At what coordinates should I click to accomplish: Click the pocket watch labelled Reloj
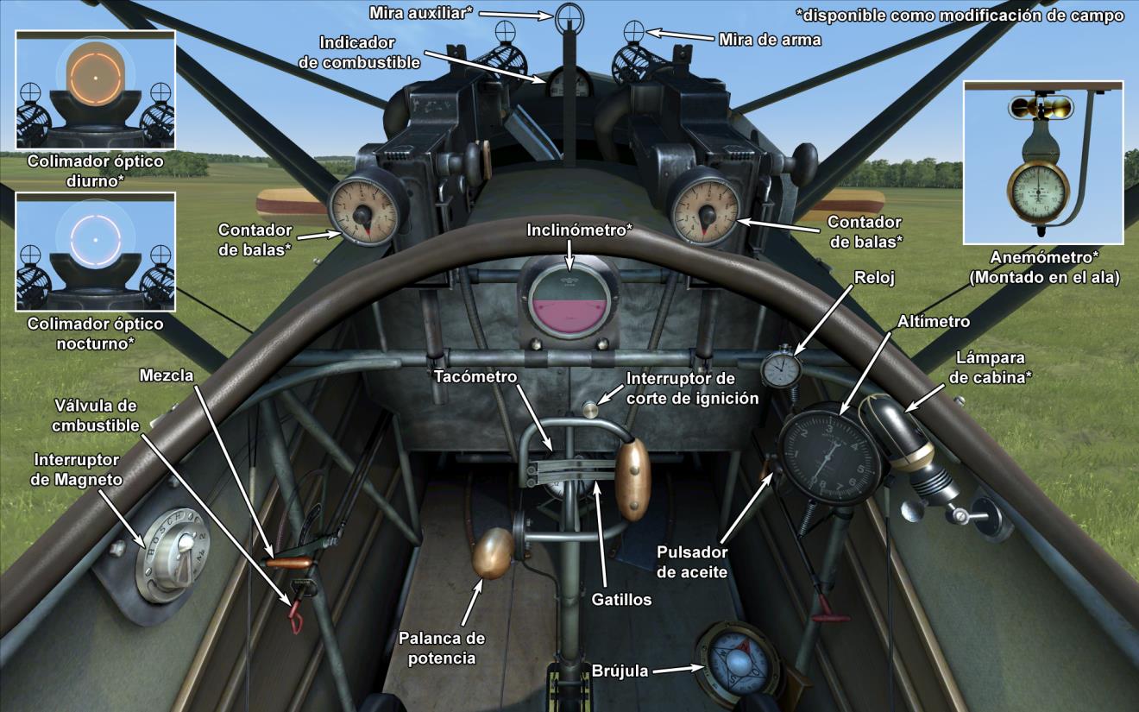click(782, 369)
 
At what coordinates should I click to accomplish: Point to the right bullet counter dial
click(703, 208)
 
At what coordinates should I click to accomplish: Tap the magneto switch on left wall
click(172, 552)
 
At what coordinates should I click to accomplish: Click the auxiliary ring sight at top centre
click(569, 16)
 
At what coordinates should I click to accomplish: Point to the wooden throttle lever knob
click(493, 554)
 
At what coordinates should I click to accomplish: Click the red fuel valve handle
click(296, 616)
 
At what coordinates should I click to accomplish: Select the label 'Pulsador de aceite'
click(692, 561)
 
